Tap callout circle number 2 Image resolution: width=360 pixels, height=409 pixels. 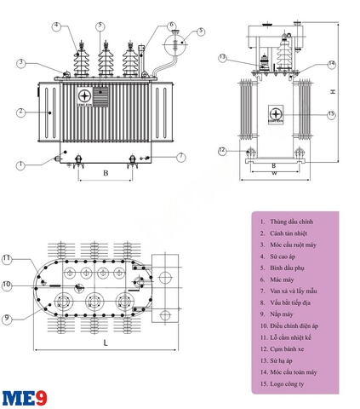pyautogui.click(x=20, y=112)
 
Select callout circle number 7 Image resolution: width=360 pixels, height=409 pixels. pyautogui.click(x=181, y=157)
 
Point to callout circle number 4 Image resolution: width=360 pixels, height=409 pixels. pyautogui.click(x=56, y=26)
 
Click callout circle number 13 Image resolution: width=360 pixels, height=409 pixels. pyautogui.click(x=222, y=58)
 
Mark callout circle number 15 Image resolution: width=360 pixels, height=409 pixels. pyautogui.click(x=331, y=114)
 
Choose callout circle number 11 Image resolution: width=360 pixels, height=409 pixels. pyautogui.click(x=6, y=257)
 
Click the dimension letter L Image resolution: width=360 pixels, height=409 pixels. pyautogui.click(x=105, y=342)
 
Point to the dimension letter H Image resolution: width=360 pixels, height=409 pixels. pyautogui.click(x=334, y=92)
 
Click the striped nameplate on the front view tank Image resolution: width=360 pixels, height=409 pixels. pyautogui.click(x=101, y=96)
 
